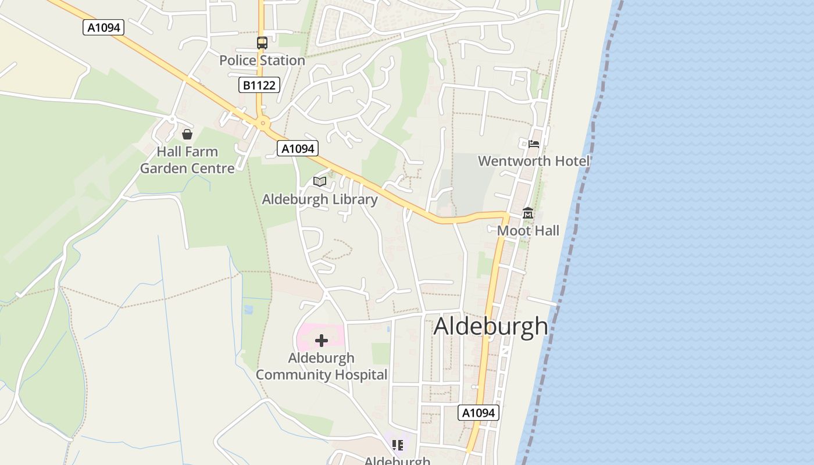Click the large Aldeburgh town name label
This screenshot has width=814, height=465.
point(491,326)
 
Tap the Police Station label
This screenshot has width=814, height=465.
point(262,60)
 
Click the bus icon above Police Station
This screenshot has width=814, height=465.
point(262,42)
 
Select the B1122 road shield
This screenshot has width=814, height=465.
point(259,85)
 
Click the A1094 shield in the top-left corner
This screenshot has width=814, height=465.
point(103,27)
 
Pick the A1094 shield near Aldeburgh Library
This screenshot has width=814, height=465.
point(298,149)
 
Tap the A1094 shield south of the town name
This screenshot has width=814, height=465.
point(479,413)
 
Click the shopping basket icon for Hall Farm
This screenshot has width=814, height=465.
point(187,135)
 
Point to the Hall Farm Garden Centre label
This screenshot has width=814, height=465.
point(187,160)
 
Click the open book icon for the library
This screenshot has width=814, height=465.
point(320,182)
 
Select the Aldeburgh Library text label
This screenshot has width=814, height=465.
point(320,199)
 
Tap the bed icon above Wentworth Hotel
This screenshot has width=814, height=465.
point(534,144)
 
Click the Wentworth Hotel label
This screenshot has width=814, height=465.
point(534,161)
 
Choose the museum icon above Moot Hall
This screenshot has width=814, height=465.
point(528,213)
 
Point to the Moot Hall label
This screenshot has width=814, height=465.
point(528,231)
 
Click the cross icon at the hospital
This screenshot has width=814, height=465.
point(322,341)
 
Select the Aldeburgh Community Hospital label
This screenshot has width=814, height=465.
point(322,366)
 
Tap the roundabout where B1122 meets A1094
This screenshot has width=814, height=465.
point(263,123)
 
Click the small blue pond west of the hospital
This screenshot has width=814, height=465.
point(249,310)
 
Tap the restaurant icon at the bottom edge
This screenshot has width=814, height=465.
point(398,446)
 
